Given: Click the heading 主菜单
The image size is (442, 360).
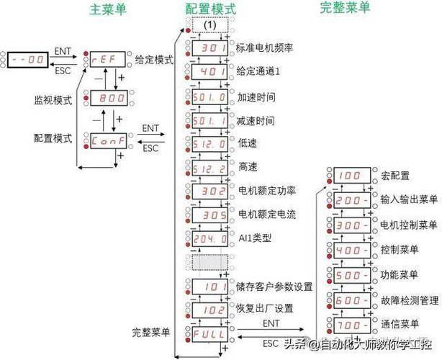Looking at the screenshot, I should pos(107,9).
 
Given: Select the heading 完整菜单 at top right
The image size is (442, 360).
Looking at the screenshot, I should pos(345,9).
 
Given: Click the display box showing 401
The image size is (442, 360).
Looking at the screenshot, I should pos(209,73).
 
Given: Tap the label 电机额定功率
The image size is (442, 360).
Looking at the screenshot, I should pos(266,191).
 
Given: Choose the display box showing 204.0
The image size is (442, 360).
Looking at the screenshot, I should pos(209,238).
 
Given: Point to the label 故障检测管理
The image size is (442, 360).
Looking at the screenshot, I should pos(407,300).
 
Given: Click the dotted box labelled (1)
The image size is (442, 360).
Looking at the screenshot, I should pos(209,24).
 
